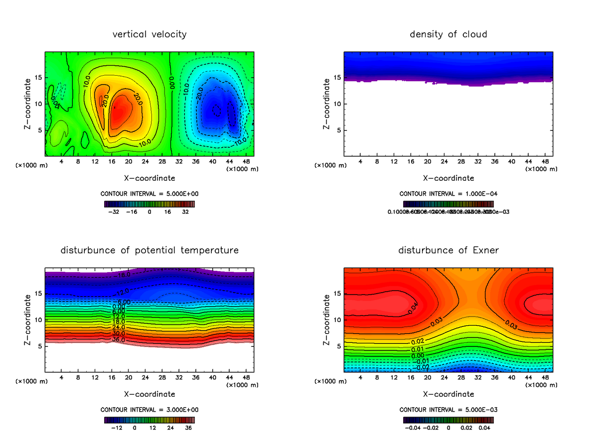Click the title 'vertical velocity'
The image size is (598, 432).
pyautogui.click(x=149, y=34)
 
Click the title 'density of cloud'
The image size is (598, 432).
pyautogui.click(x=448, y=34)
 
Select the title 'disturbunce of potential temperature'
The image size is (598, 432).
pyautogui.click(x=149, y=250)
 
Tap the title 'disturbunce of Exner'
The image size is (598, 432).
pyautogui.click(x=448, y=250)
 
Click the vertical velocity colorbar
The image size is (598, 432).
pyautogui.click(x=149, y=204)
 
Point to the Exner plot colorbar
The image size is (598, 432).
pyautogui.click(x=448, y=420)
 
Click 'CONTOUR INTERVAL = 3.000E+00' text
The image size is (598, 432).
pyautogui.click(x=149, y=410)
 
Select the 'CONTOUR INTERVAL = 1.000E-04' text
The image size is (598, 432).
pyautogui.click(x=448, y=194)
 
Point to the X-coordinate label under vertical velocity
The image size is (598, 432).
pyautogui.click(x=149, y=178)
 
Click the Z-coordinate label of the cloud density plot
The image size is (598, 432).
pyautogui.click(x=327, y=104)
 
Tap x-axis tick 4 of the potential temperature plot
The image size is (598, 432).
pyautogui.click(x=61, y=378)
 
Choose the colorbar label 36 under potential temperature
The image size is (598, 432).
pyautogui.click(x=188, y=427)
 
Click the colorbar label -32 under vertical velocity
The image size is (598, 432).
pyautogui.click(x=114, y=211)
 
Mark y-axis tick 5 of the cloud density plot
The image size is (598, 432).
pyautogui.click(x=338, y=130)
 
